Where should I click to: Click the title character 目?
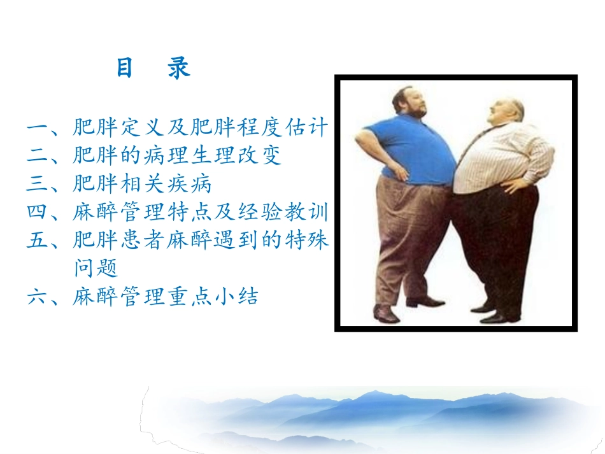click(124, 69)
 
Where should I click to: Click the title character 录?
click(179, 69)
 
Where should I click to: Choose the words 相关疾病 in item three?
click(166, 185)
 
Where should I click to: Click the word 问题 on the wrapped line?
click(96, 269)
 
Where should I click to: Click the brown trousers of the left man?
click(408, 236)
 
